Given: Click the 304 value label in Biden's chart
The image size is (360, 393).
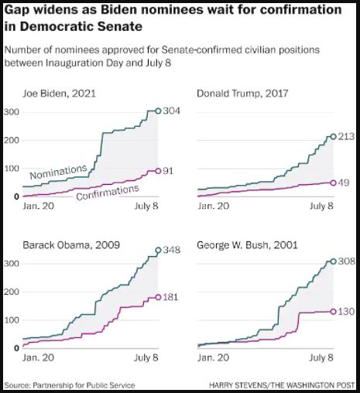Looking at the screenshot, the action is pos(172,111).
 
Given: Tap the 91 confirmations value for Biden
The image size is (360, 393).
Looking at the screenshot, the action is pos(168,171).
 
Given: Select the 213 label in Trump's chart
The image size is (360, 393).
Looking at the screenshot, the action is pos(346,136).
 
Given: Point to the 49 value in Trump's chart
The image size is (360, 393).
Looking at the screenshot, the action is pos(344,183).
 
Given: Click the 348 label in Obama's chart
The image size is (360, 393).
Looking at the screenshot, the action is pos(172,250).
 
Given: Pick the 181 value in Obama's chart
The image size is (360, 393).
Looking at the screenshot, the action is pos(170,297).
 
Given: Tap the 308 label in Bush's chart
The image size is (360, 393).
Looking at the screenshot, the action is pos(347,261).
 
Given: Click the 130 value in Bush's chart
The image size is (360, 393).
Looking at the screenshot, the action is pos(346,312).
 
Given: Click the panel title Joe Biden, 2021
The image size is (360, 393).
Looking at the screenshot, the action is pos(59,94).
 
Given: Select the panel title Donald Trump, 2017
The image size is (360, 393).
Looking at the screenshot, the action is pos(242,94).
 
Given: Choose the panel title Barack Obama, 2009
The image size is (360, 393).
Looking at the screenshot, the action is pos(71,244).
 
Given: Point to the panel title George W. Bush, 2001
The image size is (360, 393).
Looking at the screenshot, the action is pos(247,244).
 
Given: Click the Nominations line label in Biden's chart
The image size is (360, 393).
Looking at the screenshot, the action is pos(59,172).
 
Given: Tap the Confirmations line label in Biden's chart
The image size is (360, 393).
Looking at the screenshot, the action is pos(108,193).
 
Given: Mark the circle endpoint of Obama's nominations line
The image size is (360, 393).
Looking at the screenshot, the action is pos(158,250).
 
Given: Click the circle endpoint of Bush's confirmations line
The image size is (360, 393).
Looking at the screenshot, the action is pos(334,312).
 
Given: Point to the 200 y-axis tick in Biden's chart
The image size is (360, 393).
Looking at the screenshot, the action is pos(12,141).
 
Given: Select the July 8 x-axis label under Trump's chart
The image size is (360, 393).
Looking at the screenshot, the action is pos(321,206).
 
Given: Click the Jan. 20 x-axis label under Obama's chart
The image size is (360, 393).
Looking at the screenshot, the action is pos(39,357).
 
